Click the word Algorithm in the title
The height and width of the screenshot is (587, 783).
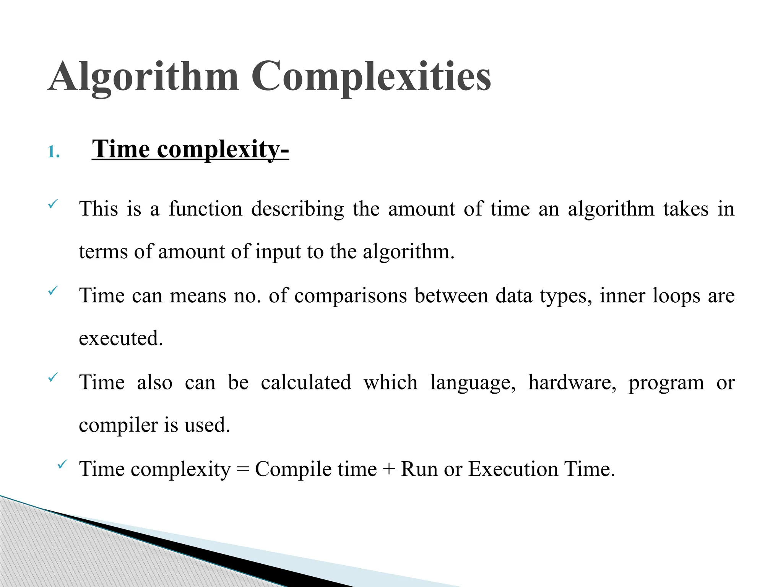click(x=143, y=76)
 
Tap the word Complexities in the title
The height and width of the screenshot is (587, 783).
click(x=371, y=76)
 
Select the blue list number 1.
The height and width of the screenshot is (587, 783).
click(x=53, y=152)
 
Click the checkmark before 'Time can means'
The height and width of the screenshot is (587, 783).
click(x=52, y=291)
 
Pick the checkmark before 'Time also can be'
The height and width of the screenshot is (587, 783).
click(x=52, y=378)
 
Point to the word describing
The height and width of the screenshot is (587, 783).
click(x=297, y=209)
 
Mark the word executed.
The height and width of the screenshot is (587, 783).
click(x=121, y=339)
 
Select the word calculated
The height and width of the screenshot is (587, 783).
click(x=306, y=383)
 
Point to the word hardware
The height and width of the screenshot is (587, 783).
click(x=572, y=383)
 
